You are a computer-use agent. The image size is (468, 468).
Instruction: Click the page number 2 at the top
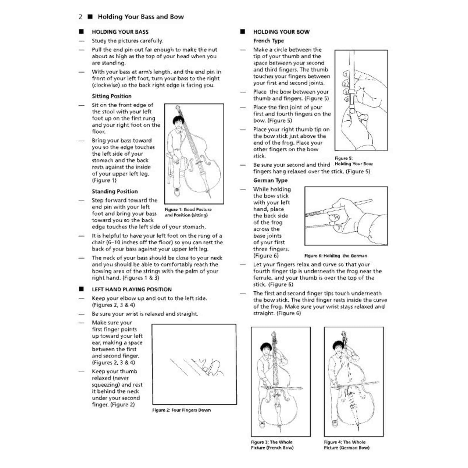click(x=80, y=17)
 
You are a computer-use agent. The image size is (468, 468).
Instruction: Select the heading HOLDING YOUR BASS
click(x=120, y=32)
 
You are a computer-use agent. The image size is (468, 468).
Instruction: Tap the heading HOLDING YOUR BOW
click(x=281, y=32)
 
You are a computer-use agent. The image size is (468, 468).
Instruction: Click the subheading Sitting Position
click(x=112, y=96)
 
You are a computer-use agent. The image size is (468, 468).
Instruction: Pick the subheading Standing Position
click(x=115, y=191)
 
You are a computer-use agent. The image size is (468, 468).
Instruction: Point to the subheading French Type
click(x=269, y=41)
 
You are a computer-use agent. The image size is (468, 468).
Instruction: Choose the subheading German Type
click(x=270, y=180)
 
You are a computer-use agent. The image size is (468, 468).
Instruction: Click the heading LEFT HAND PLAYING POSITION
click(x=132, y=289)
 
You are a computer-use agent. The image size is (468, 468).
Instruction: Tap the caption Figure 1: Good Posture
click(x=188, y=209)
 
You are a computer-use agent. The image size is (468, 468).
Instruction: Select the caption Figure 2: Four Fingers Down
click(x=182, y=410)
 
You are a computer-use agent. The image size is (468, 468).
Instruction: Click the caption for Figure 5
click(x=353, y=161)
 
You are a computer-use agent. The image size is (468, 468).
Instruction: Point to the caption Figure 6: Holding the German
click(x=336, y=256)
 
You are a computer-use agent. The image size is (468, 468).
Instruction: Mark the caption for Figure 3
click(x=272, y=445)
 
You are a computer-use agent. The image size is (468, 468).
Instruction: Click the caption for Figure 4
click(x=346, y=445)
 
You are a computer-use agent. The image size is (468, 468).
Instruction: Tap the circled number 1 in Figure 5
click(x=346, y=74)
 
